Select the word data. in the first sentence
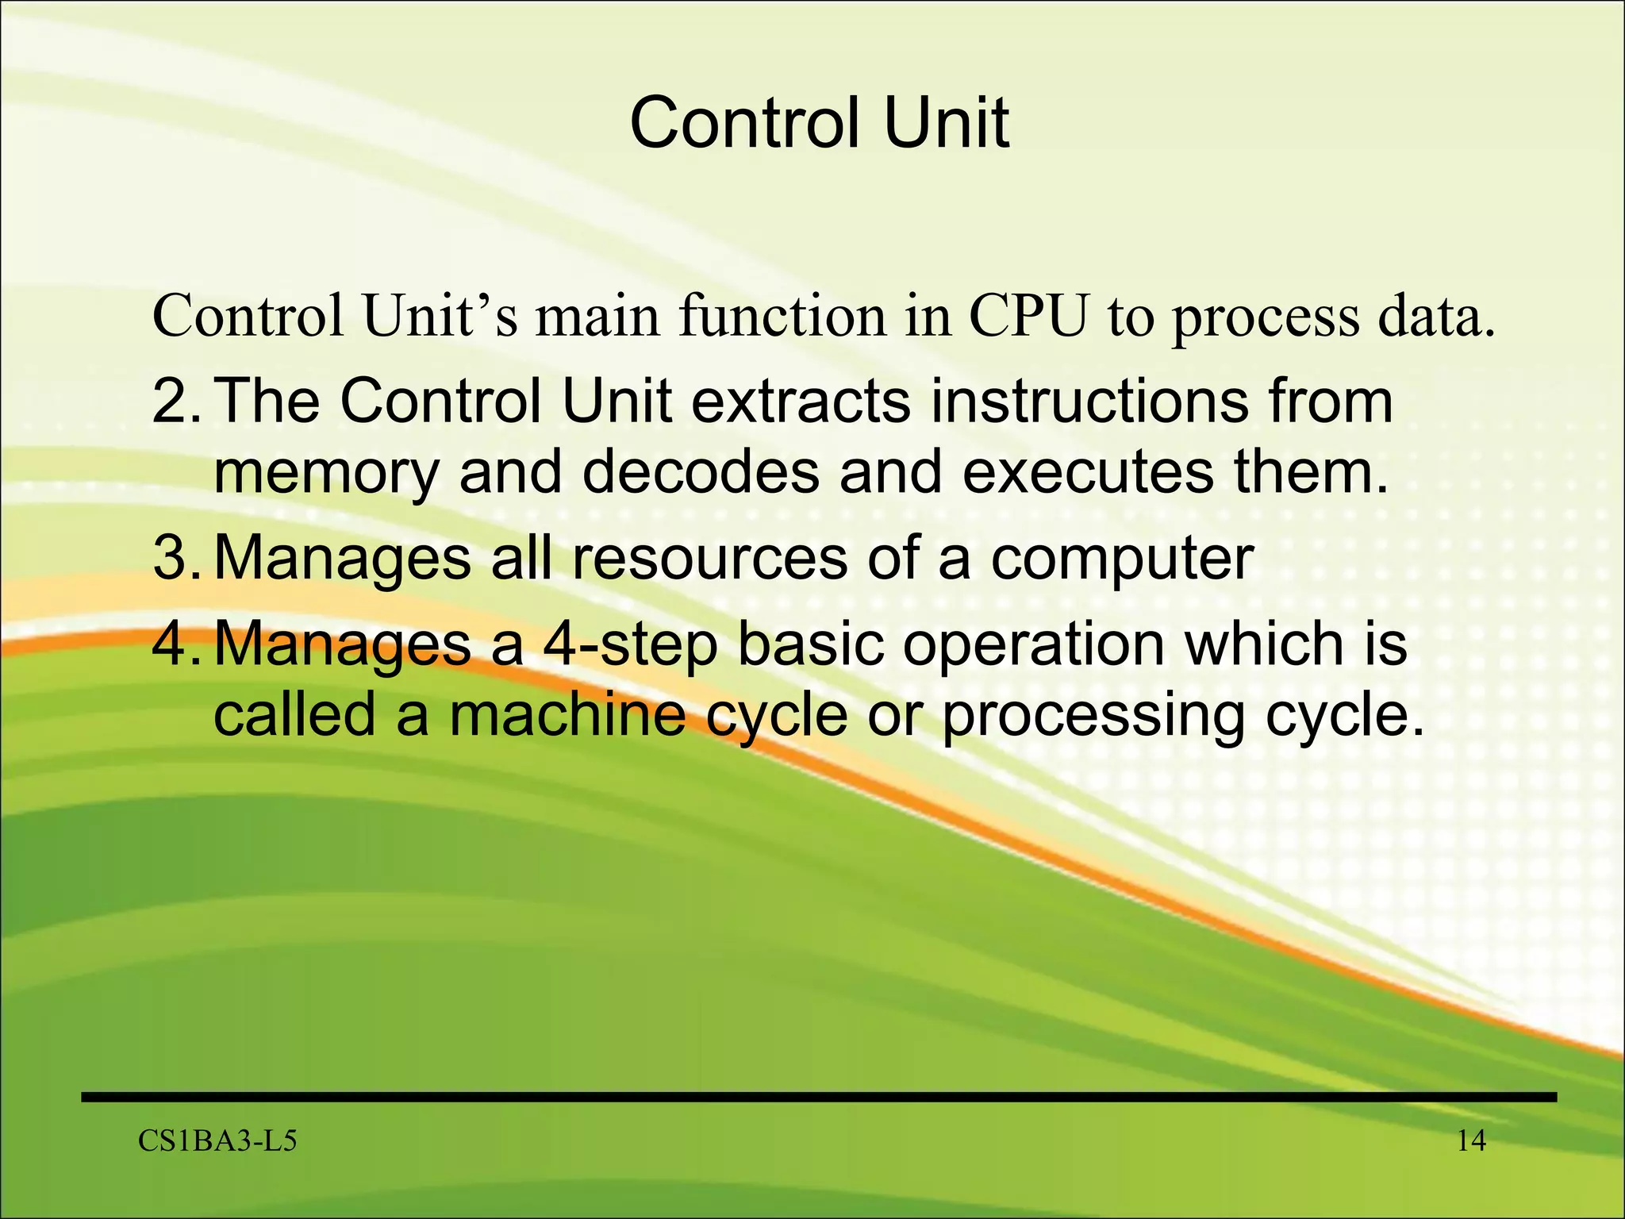pyautogui.click(x=1436, y=317)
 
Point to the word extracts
pyautogui.click(x=801, y=402)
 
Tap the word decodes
pyautogui.click(x=701, y=472)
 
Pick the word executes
pyautogui.click(x=1087, y=472)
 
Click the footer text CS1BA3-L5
pyautogui.click(x=217, y=1141)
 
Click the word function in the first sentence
pyautogui.click(x=782, y=317)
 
